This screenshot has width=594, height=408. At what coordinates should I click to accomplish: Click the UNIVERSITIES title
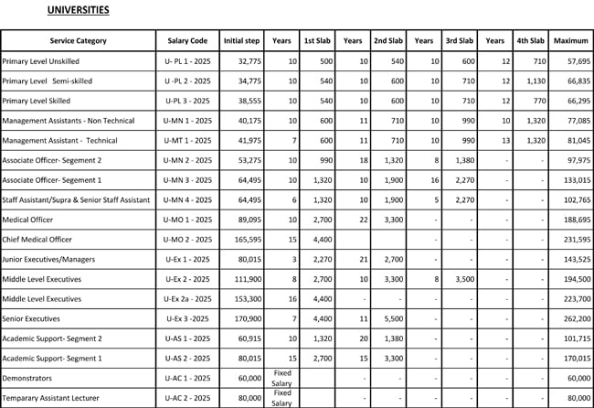tap(78, 11)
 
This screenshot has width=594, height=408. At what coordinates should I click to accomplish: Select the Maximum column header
tap(570, 40)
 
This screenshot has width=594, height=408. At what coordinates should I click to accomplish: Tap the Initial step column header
tap(241, 40)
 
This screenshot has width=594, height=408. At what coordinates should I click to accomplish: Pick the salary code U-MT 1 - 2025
tap(189, 140)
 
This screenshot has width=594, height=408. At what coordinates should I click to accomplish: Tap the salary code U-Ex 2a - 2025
tap(188, 298)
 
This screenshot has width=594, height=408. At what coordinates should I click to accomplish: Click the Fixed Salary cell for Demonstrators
tap(281, 377)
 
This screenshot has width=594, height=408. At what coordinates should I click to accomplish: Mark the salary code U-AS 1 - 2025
tap(189, 338)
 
